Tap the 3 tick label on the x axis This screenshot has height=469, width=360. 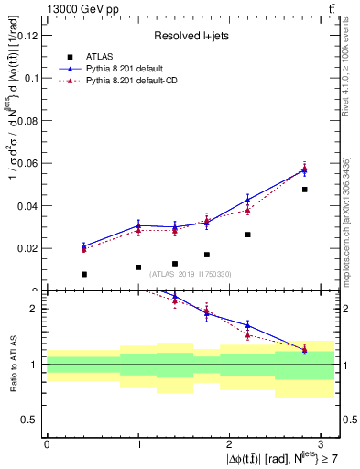pos(322,443)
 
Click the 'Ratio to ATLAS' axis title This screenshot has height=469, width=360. pos(11,363)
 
